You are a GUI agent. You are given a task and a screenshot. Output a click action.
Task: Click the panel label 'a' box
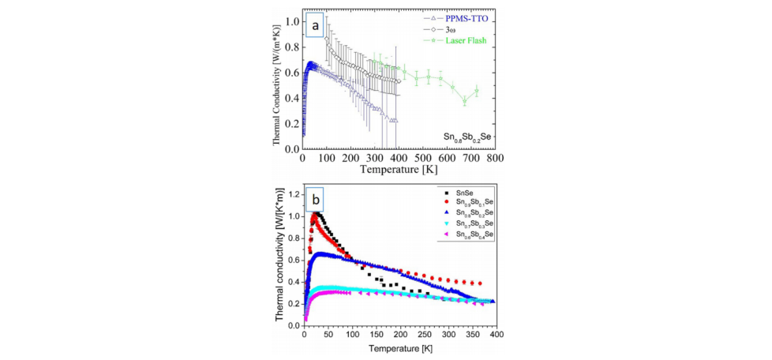point(315,26)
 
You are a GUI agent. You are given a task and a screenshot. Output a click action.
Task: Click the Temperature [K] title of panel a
point(400,169)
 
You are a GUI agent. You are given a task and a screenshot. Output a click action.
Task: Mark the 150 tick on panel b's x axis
point(377,335)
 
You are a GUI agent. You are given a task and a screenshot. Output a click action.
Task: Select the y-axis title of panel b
point(280,258)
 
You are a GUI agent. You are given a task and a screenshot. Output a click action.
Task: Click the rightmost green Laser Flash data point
point(476,91)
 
